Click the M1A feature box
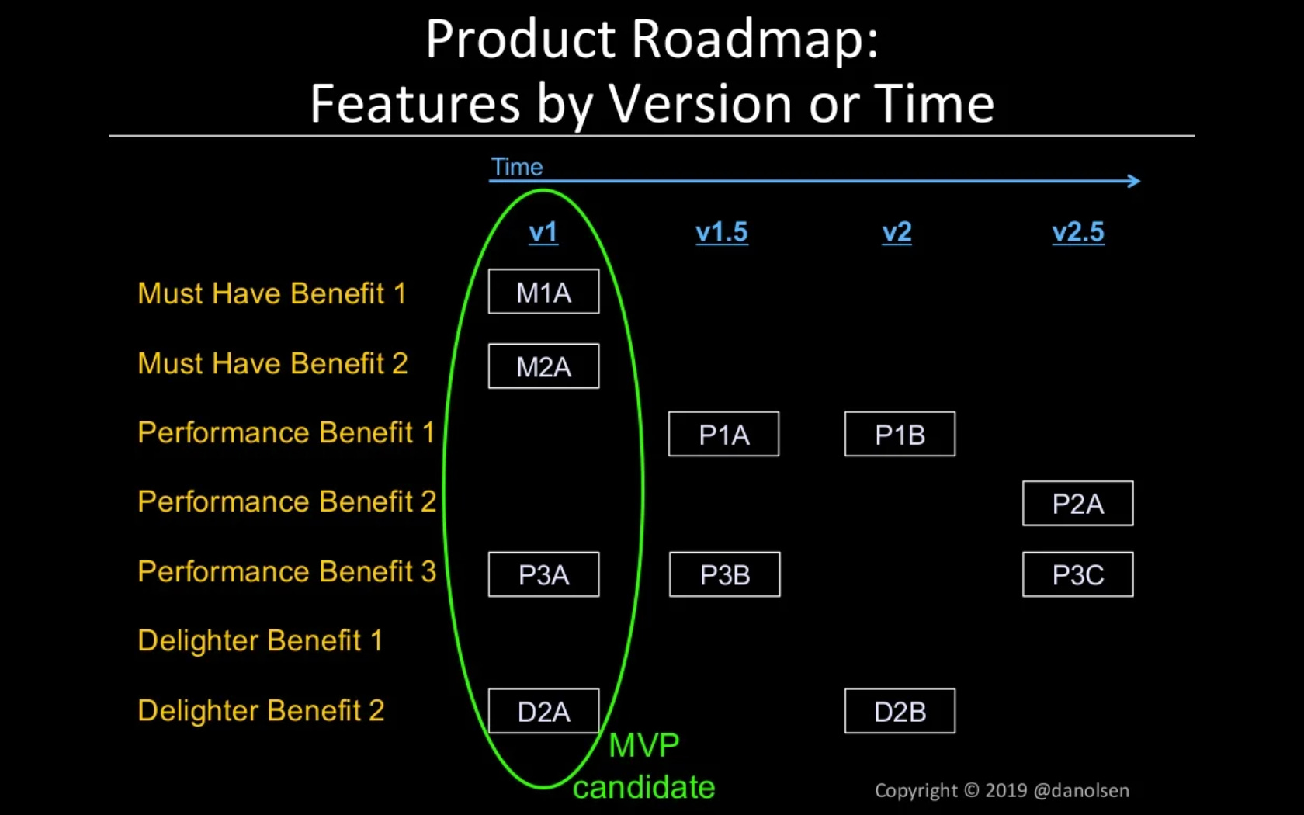point(543,292)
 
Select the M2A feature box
point(543,366)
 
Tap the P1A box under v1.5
point(723,434)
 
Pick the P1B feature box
point(900,434)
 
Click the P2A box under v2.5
point(1077,504)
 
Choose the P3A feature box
point(543,574)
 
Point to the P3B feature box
point(724,574)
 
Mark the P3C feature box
point(1077,574)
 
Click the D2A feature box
point(543,711)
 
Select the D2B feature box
point(900,711)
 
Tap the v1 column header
point(543,232)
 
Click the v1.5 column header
point(722,232)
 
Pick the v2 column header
point(896,232)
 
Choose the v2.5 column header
point(1078,232)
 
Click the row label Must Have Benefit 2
point(272,363)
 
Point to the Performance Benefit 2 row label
point(286,501)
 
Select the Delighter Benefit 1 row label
point(260,641)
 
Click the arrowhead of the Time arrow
point(1135,181)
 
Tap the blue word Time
point(517,167)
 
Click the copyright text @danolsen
point(1081,790)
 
